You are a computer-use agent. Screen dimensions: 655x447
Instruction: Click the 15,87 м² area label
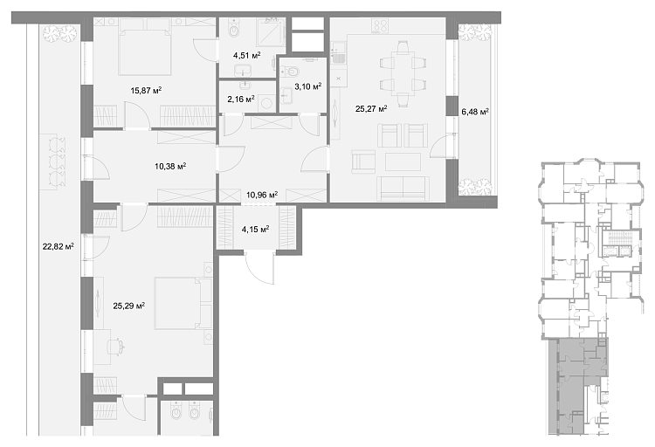146,90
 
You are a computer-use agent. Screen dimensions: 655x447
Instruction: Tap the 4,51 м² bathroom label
246,55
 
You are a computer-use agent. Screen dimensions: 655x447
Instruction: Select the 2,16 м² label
241,99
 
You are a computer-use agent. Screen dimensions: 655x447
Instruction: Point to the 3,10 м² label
308,86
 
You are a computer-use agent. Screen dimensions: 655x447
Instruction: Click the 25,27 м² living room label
371,108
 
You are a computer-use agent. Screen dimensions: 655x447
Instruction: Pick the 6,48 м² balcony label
475,112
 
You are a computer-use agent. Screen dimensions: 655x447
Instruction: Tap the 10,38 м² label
170,167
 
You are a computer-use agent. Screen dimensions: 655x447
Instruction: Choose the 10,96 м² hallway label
262,195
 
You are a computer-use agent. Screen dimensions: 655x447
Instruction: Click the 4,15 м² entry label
255,229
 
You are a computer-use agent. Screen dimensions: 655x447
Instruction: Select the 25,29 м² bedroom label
128,306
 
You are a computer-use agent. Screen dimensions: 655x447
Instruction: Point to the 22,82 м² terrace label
58,246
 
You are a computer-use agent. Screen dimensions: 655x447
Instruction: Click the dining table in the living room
403,74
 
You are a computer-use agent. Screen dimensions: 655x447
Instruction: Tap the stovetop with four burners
380,26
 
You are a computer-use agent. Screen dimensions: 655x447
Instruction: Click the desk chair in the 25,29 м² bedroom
115,347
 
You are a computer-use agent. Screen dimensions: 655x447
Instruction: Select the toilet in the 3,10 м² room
293,72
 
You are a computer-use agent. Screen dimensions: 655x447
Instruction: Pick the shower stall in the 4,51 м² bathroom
268,33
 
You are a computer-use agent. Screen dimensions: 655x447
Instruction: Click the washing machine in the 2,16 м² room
266,103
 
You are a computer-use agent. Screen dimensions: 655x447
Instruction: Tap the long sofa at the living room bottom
403,189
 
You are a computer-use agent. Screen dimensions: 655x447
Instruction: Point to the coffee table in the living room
403,162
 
